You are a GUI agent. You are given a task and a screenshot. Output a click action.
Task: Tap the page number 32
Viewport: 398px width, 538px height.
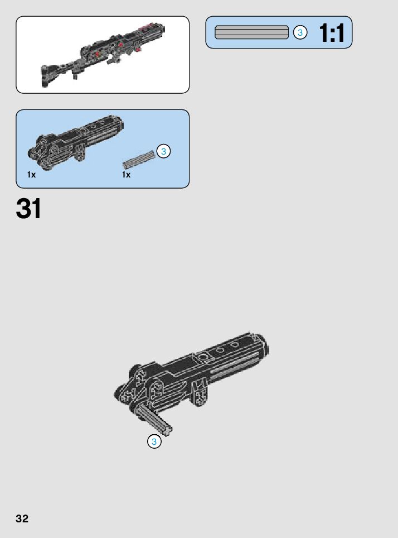point(22,518)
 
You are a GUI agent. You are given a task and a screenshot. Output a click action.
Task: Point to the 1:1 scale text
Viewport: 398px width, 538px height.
point(332,33)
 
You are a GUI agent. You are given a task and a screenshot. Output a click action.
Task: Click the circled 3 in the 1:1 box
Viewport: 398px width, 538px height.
point(300,33)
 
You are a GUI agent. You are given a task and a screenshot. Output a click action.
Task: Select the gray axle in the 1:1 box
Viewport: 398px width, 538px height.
point(251,32)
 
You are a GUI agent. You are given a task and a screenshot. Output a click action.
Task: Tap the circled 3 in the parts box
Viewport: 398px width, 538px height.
point(163,151)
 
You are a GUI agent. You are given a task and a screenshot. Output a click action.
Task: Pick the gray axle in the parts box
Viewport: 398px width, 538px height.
point(139,160)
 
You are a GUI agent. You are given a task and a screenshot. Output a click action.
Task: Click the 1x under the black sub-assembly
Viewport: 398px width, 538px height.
point(31,175)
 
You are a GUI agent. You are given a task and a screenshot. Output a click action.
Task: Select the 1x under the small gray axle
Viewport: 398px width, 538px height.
point(127,175)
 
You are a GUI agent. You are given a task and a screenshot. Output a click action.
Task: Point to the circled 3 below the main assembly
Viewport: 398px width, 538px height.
point(154,442)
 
